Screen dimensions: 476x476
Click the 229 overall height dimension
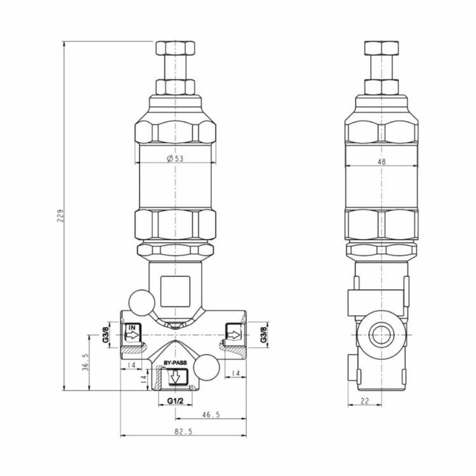(60, 216)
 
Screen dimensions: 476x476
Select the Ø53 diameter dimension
(175, 159)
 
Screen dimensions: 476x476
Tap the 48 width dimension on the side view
(381, 162)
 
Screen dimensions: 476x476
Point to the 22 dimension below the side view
(364, 401)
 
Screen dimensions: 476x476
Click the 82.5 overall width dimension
(183, 432)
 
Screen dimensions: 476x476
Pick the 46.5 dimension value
(210, 414)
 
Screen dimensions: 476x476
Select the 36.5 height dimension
(85, 362)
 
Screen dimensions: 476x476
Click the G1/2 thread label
(175, 401)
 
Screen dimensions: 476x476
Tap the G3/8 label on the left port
(105, 334)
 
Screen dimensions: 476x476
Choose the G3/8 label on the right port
(263, 334)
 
